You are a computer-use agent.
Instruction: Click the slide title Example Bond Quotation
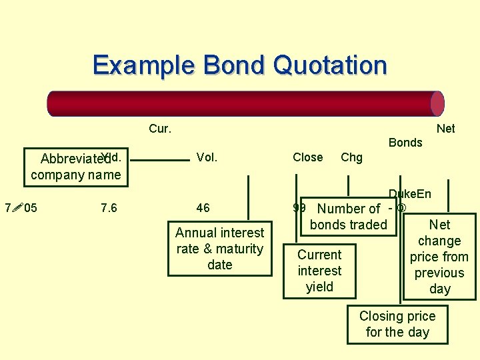239,65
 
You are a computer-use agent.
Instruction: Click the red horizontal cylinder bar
245,104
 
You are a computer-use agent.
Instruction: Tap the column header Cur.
159,129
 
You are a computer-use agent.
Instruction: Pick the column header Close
307,157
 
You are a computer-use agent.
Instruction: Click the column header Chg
351,157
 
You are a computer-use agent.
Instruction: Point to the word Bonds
405,142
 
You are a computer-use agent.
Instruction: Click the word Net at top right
445,129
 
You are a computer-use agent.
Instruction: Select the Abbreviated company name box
75,167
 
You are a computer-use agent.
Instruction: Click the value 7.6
109,208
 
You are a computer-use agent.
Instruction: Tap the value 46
203,208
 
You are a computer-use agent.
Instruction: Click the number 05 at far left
30,208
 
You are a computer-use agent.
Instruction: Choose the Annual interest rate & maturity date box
219,249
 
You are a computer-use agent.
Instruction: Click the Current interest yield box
319,271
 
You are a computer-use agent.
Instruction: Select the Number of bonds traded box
349,217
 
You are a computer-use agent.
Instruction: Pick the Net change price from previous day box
439,257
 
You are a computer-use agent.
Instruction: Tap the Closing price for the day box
397,324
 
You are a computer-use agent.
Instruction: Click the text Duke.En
410,194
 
